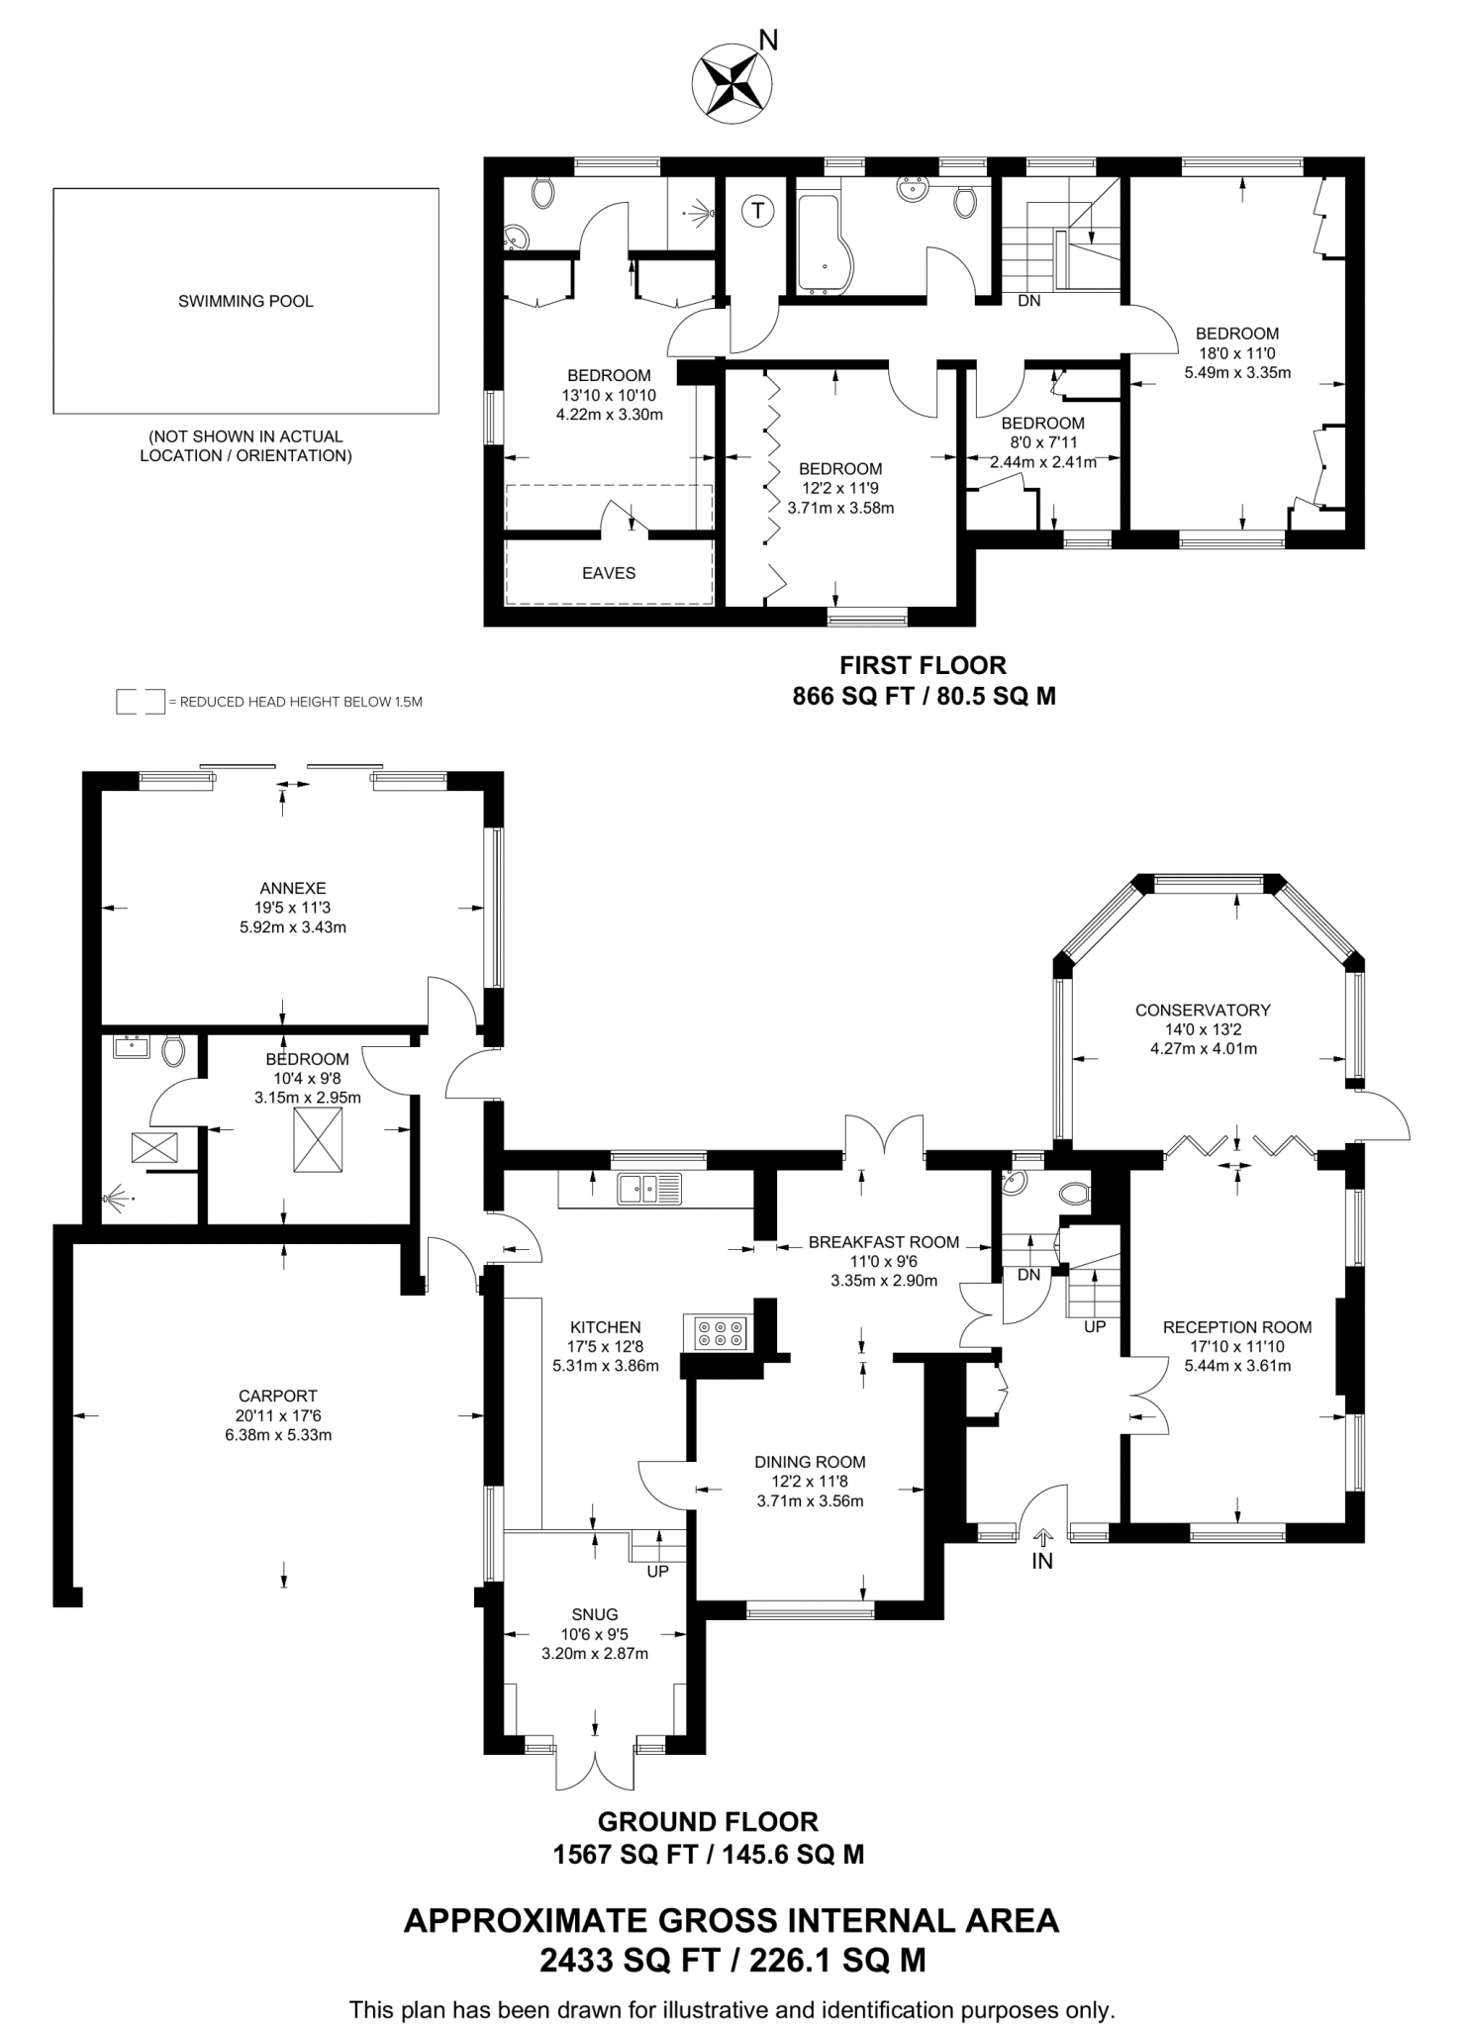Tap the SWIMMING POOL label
pyautogui.click(x=245, y=301)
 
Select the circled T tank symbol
pyautogui.click(x=757, y=210)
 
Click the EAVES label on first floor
pyautogui.click(x=608, y=573)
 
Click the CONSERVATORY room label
pyautogui.click(x=1202, y=1010)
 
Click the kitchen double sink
pyautogui.click(x=649, y=1188)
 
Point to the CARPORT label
pyautogui.click(x=277, y=1396)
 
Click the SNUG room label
pyautogui.click(x=594, y=1614)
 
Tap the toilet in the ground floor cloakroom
pyautogui.click(x=1074, y=1193)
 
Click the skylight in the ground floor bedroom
pyautogui.click(x=318, y=1139)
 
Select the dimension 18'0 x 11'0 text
pyautogui.click(x=1236, y=353)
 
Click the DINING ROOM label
pyautogui.click(x=810, y=1462)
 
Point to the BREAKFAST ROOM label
pyautogui.click(x=883, y=1242)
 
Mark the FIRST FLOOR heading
pyautogui.click(x=923, y=665)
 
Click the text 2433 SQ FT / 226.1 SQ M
pyautogui.click(x=732, y=1960)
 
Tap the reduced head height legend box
pyautogui.click(x=140, y=702)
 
